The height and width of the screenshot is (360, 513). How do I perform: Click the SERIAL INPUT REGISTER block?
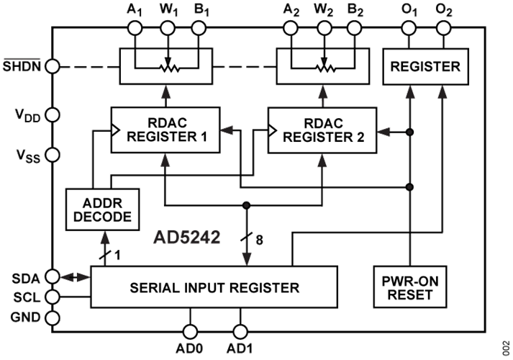(x=214, y=288)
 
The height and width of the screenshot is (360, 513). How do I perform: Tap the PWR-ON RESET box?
(x=409, y=287)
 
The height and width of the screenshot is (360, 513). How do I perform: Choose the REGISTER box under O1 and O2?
(x=425, y=67)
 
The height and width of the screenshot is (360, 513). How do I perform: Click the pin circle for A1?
(x=133, y=27)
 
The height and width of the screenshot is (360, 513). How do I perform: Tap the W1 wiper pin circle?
(x=168, y=27)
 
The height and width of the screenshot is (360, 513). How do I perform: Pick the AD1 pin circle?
(x=240, y=330)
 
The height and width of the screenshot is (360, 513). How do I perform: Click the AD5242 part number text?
(x=187, y=235)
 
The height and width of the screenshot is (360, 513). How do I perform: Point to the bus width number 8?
(x=259, y=240)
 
